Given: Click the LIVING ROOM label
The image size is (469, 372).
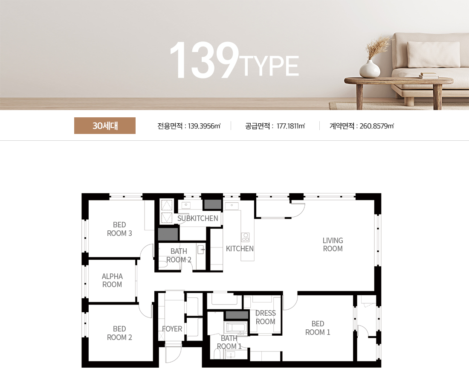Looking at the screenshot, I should pos(333,244).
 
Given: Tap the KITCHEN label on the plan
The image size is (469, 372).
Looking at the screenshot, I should pos(240,249).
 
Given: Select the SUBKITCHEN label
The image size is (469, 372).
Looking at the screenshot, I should pos(197,218).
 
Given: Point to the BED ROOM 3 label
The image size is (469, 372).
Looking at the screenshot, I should pos(119,229).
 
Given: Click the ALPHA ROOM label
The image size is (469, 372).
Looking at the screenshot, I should pos(112,280).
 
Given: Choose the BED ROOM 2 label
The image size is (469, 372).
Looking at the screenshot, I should pos(119,333).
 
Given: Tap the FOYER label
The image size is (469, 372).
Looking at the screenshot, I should pos(172,329).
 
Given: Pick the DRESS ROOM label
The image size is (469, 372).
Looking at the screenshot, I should pos(265,317).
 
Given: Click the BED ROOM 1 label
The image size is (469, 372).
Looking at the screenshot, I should pos(318,328).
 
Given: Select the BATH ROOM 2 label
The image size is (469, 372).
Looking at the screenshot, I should pos(179,256).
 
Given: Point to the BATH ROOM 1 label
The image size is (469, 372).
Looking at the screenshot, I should pos(229,343).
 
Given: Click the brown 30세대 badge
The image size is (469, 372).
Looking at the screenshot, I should pos(105,126).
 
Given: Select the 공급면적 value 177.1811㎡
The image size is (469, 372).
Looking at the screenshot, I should pos(291,126).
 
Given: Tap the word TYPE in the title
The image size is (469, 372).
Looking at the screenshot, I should pos(270,67).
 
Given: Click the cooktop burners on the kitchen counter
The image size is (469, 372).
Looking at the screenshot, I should pos(245,237).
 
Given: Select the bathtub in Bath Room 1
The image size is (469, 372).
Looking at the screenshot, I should pos(235,328).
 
